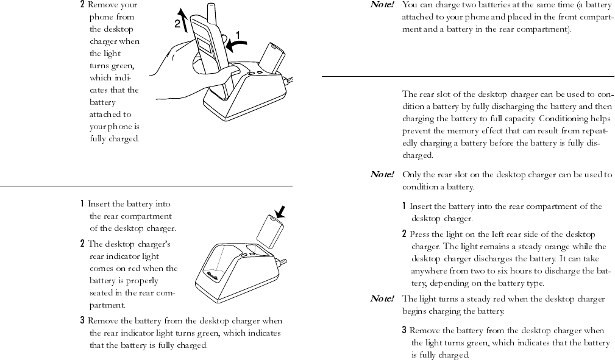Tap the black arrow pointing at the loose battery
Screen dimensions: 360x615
point(281,212)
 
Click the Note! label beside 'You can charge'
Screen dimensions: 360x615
point(382,5)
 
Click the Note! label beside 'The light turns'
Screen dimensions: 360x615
point(382,298)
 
